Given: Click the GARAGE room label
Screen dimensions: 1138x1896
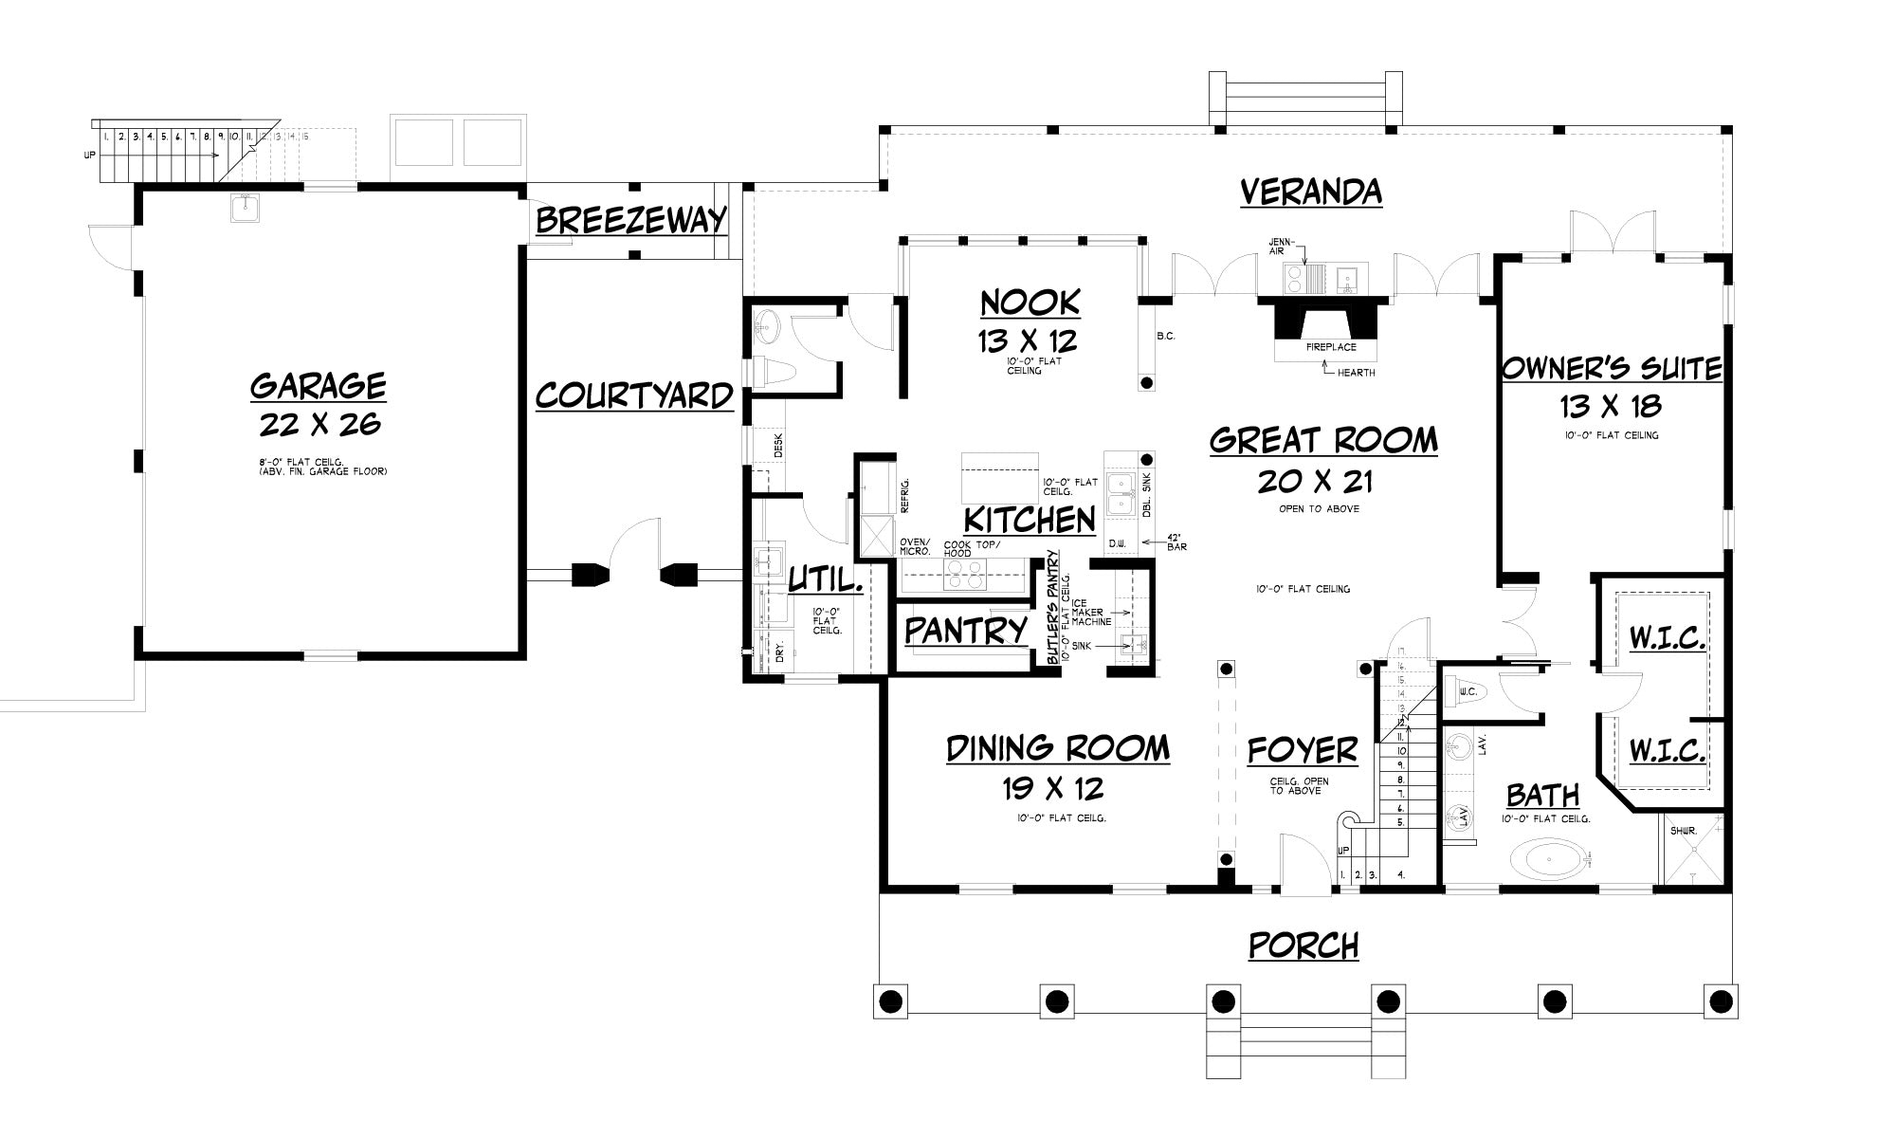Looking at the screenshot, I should coord(319,386).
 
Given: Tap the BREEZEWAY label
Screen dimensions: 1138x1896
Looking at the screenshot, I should coord(631,220).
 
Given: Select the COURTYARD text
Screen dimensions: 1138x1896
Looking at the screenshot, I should coord(634,395).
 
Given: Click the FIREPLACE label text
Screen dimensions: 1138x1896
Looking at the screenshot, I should coord(1331,347).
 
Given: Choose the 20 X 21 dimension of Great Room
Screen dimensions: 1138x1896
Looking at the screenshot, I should coord(1315,482).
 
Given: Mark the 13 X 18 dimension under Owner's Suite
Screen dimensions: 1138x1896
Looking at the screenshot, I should coord(1611,407).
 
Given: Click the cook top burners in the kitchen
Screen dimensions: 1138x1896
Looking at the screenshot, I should coord(963,576).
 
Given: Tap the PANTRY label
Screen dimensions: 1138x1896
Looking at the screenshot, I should coord(965,631).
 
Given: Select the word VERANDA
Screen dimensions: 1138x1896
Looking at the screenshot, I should coord(1311,193).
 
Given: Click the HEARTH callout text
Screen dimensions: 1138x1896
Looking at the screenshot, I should coord(1356,373).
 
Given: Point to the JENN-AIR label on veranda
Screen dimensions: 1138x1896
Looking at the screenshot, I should coord(1280,246).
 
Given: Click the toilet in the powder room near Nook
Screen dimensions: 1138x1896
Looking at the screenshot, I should coord(775,371).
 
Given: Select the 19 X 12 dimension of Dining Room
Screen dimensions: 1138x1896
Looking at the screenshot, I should coord(1053,788).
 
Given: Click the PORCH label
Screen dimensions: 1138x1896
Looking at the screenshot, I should coord(1303,945).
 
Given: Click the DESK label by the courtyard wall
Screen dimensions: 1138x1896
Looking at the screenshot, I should coord(778,445).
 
